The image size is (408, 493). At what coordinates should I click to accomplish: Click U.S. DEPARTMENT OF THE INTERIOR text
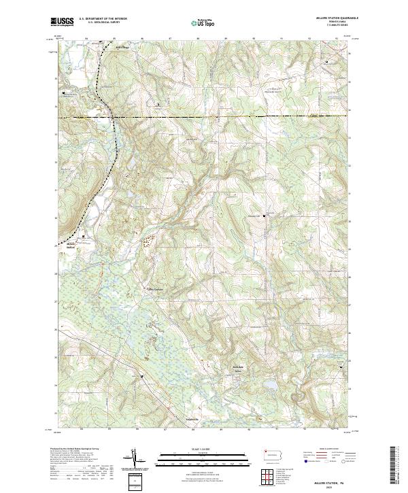click(x=103, y=19)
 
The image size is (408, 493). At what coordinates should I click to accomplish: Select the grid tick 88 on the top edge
click(x=197, y=38)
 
